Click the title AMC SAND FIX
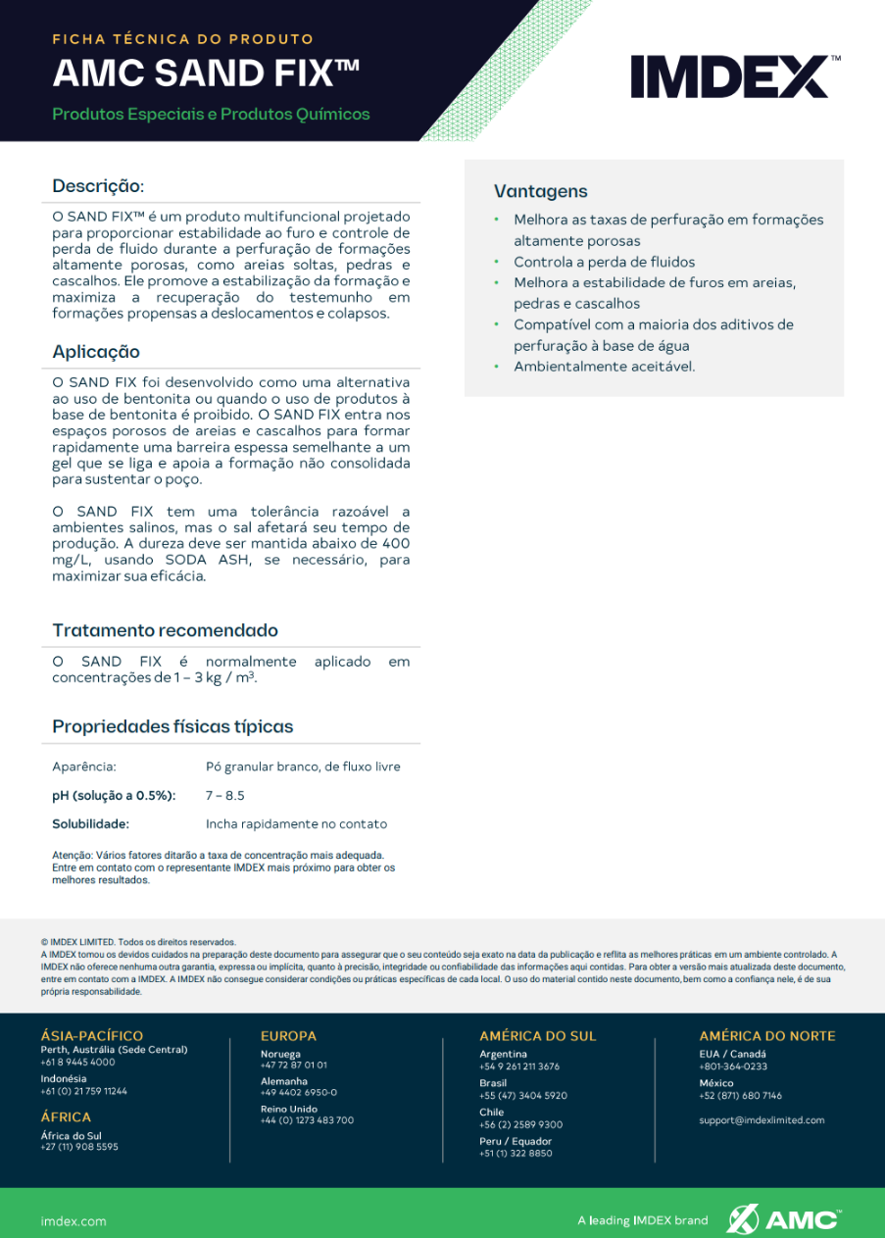click(x=206, y=74)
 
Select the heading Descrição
click(x=98, y=186)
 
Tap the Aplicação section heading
click(x=96, y=352)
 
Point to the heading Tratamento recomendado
click(x=165, y=630)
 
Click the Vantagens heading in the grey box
click(x=540, y=191)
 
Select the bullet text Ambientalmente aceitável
click(x=604, y=367)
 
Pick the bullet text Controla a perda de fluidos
click(x=604, y=262)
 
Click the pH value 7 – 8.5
click(x=224, y=795)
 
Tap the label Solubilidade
click(x=91, y=823)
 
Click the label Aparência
click(x=84, y=767)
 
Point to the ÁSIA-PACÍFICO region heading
click(x=92, y=1036)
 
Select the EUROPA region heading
click(x=288, y=1036)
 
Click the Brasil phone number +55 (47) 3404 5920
click(x=522, y=1095)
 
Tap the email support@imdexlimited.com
click(x=762, y=1119)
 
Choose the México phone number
click(x=740, y=1095)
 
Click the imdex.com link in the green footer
click(x=74, y=1221)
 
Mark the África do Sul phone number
click(x=79, y=1147)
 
